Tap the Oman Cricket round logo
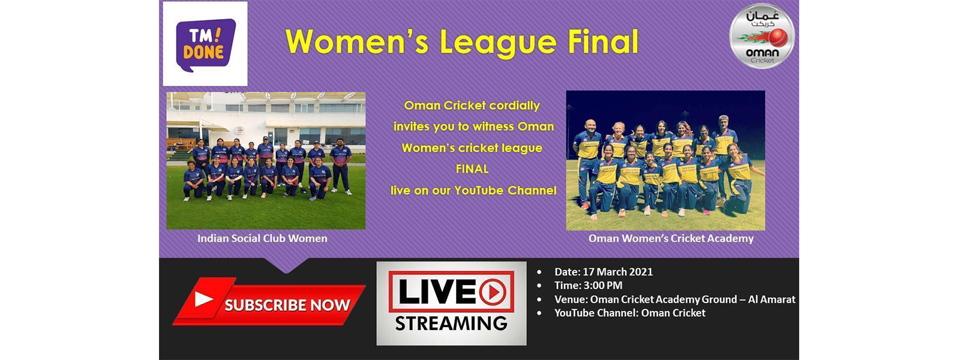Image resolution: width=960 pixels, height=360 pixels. tap(761, 36)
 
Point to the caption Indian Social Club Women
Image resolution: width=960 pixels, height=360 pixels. tap(262, 238)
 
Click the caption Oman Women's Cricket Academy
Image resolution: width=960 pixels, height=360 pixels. tap(671, 238)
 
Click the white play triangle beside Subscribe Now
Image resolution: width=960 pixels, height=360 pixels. tap(204, 299)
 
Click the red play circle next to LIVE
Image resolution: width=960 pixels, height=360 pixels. tap(493, 292)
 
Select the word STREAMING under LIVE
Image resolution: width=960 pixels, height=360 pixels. tap(451, 323)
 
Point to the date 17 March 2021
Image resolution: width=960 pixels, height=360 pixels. tap(617, 272)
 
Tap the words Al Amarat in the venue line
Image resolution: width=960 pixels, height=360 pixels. tap(772, 299)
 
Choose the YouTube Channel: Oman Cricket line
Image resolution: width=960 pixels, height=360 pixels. tap(629, 313)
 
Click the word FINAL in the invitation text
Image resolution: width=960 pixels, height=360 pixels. tap(472, 169)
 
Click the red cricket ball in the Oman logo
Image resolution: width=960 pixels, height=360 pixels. tap(778, 39)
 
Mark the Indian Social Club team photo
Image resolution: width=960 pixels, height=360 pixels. tap(266, 161)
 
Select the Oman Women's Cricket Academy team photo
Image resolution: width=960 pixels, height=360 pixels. tap(665, 161)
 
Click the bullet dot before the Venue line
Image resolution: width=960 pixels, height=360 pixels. tap(539, 299)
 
